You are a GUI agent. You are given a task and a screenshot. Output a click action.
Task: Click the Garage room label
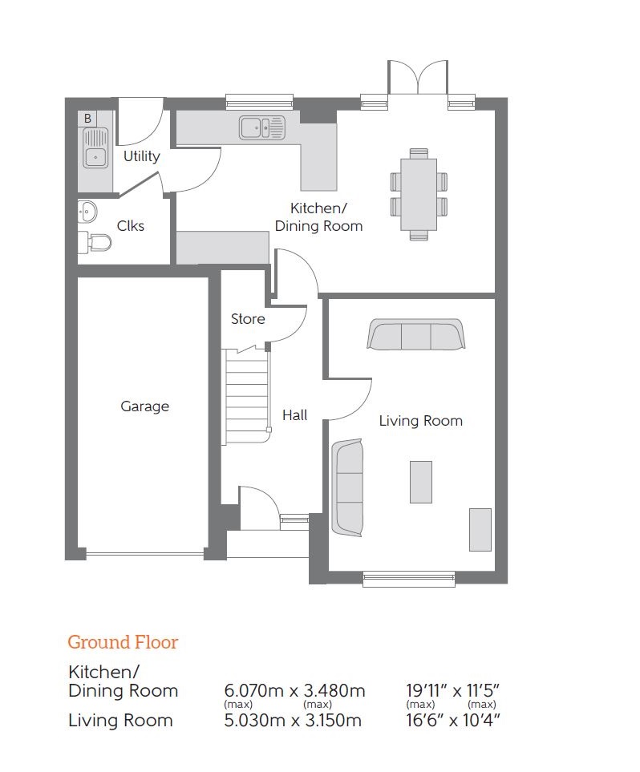(x=144, y=406)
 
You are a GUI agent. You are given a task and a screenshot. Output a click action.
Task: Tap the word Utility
(x=141, y=156)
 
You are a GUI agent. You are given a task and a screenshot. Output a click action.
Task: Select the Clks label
(x=131, y=226)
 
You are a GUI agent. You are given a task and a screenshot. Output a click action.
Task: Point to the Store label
(x=248, y=319)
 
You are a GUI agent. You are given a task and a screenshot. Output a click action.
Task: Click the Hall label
(x=294, y=415)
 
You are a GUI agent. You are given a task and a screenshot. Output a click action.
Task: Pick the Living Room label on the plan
(x=420, y=421)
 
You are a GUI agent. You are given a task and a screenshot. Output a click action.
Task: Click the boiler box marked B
(x=87, y=118)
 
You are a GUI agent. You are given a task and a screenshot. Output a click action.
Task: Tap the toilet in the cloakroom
(x=95, y=241)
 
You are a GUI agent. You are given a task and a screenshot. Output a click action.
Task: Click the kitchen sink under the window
(x=261, y=126)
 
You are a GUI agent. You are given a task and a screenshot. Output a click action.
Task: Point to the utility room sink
(x=95, y=148)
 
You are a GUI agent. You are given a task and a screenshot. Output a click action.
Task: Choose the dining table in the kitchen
(x=419, y=193)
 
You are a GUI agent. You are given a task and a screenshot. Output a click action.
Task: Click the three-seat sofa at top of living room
(x=415, y=335)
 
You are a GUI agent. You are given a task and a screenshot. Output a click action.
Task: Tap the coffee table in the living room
(x=421, y=482)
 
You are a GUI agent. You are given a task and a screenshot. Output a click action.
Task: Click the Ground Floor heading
(x=123, y=642)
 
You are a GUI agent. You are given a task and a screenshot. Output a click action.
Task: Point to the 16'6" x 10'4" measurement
(x=454, y=720)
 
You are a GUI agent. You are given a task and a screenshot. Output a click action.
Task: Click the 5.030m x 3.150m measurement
(x=293, y=720)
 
